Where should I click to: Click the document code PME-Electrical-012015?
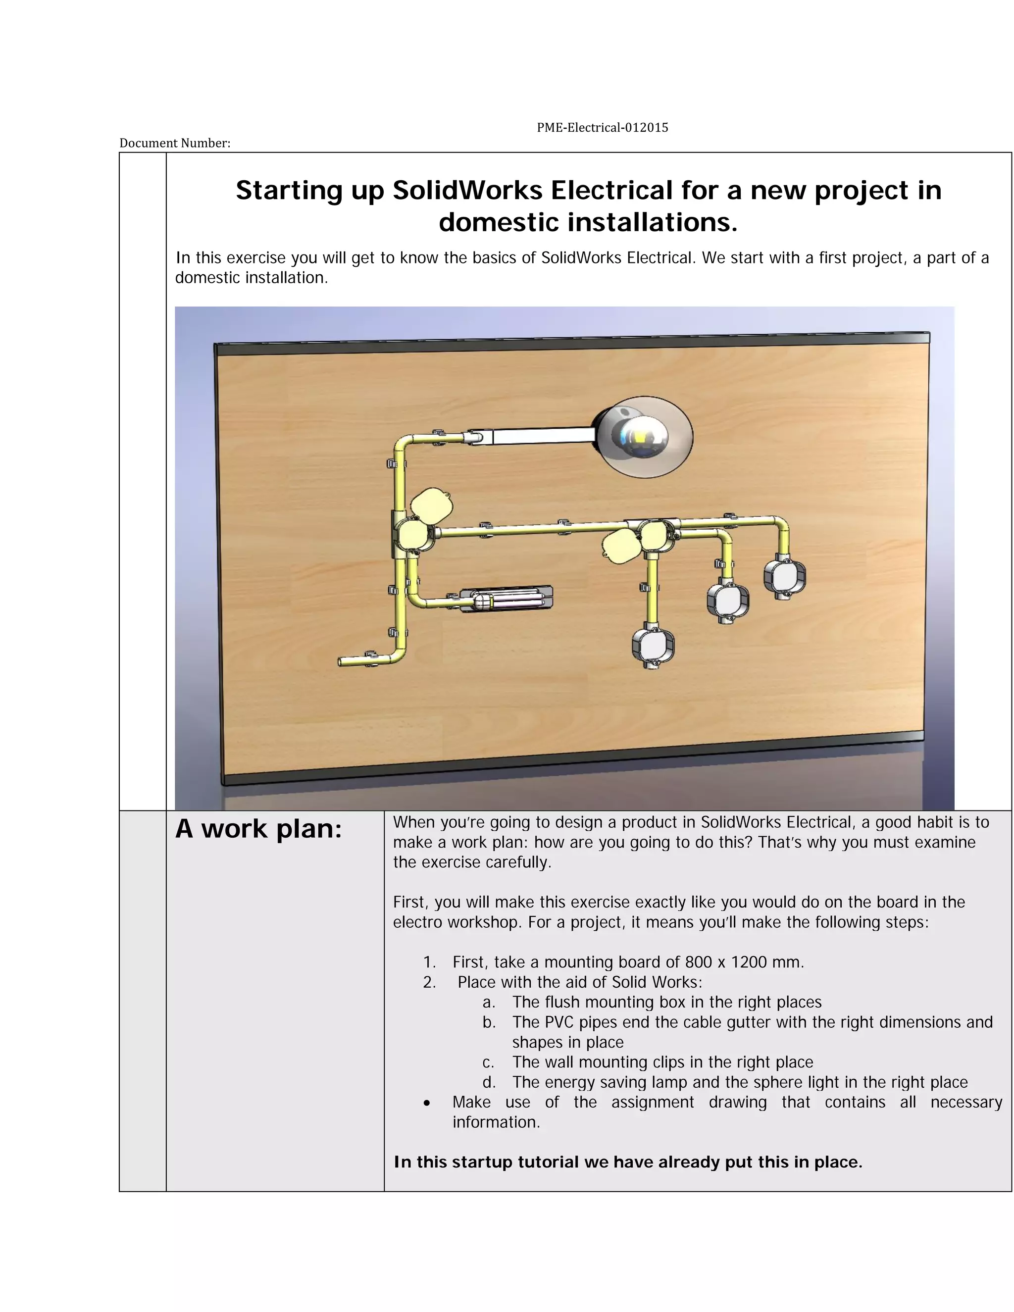(602, 127)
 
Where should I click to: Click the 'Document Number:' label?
(175, 143)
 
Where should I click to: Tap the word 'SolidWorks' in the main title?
(468, 191)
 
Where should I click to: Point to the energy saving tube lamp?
(507, 599)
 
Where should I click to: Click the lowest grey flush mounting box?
(653, 647)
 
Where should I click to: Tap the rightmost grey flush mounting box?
(785, 577)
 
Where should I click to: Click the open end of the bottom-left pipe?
(341, 662)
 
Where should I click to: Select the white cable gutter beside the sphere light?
(541, 435)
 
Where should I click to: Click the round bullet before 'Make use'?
(426, 1103)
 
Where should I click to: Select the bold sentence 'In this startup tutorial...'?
(628, 1162)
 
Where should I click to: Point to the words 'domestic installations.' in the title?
(588, 223)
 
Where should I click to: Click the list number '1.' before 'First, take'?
(429, 962)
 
